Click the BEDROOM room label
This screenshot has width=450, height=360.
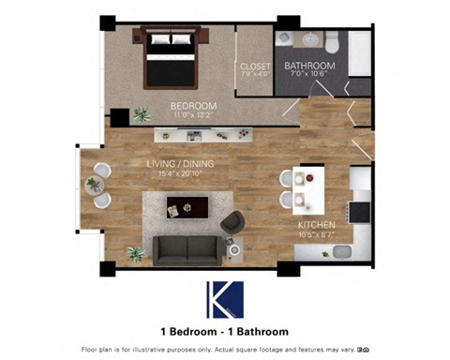click(193, 106)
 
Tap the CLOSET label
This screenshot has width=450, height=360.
click(255, 67)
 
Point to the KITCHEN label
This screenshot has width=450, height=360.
click(317, 225)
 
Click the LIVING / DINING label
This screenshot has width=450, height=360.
click(180, 164)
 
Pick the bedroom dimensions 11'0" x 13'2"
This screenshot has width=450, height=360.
click(193, 116)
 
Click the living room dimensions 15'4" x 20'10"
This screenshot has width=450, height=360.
click(180, 174)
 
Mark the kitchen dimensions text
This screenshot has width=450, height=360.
click(317, 234)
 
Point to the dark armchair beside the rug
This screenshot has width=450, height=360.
click(232, 221)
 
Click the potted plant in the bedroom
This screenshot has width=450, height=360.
click(142, 114)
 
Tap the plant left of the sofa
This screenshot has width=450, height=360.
click(136, 253)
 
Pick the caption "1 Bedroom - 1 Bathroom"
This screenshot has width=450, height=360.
click(224, 331)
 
